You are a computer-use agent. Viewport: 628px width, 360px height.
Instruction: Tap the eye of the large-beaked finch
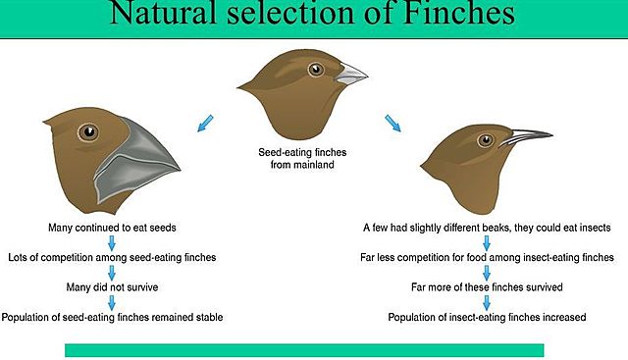point(89,132)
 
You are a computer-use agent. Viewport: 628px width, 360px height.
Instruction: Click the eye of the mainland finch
point(315,70)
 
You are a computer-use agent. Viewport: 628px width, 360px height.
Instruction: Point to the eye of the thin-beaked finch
point(485,140)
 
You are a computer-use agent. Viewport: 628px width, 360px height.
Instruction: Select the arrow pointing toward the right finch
point(392,123)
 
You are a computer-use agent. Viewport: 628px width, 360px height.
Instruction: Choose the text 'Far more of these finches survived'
point(487,287)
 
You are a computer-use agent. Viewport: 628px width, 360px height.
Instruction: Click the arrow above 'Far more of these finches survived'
point(487,273)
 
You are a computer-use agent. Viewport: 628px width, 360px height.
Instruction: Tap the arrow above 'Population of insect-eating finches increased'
point(487,302)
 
